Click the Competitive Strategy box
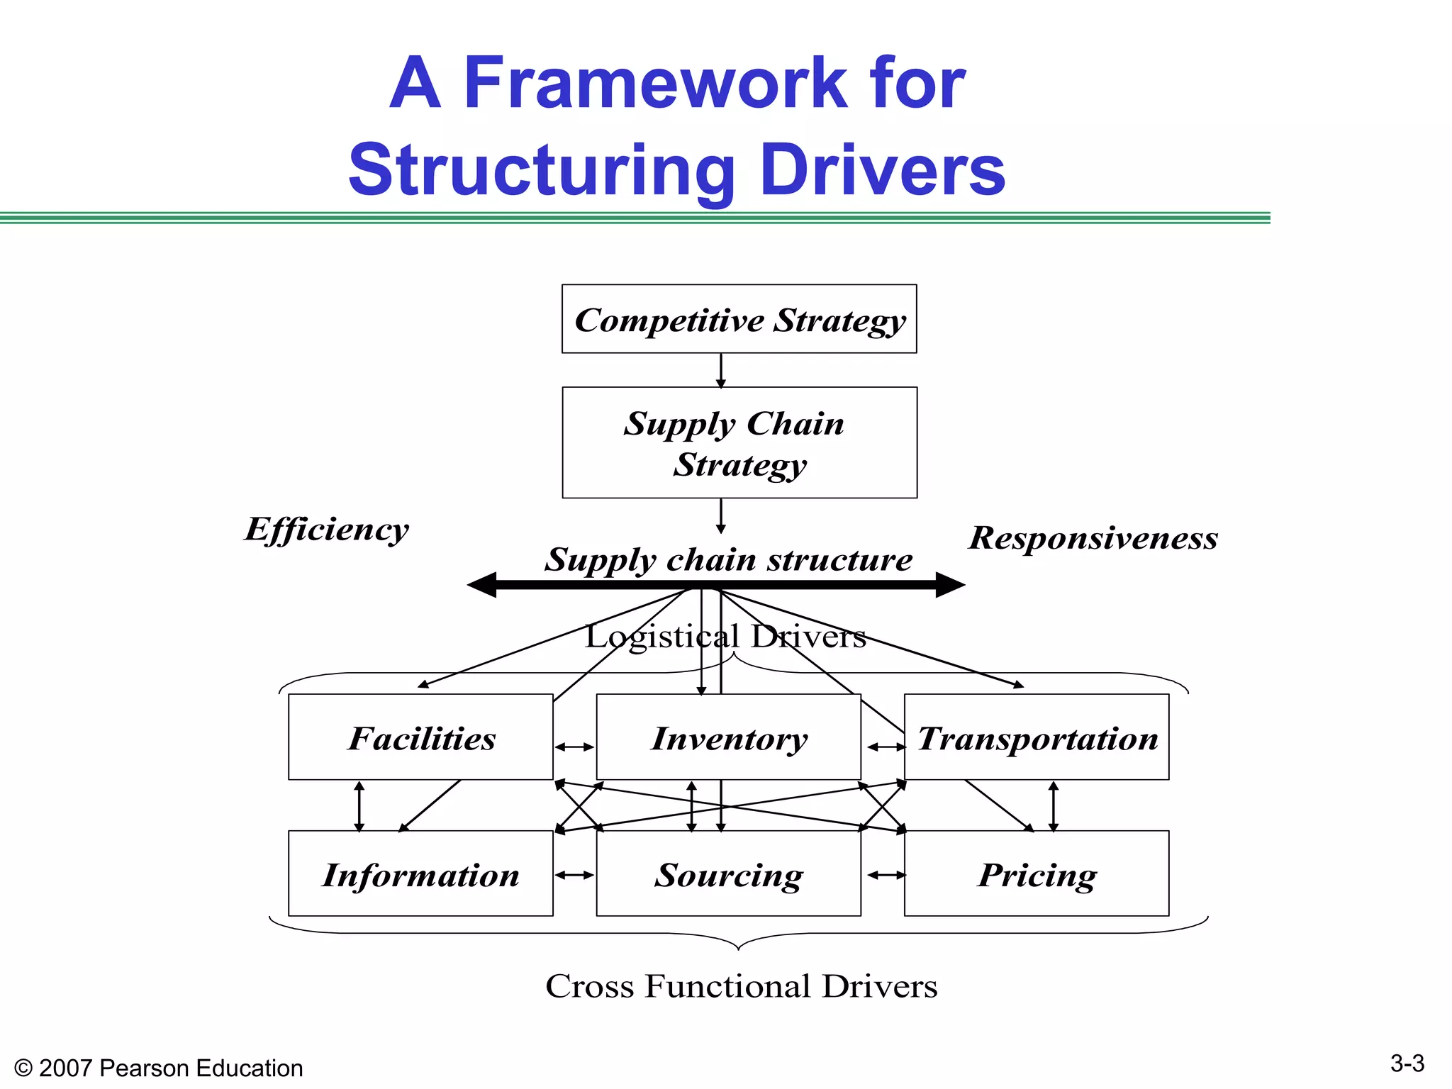739,319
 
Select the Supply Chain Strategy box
739,442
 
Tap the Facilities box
420,737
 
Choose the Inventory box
728,737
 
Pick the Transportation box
1037,737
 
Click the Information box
420,874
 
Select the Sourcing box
728,874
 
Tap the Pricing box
1037,874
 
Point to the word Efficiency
327,530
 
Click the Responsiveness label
1093,538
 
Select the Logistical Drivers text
725,637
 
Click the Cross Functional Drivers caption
741,986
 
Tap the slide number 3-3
1407,1063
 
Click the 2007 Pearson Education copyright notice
159,1068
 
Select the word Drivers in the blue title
882,170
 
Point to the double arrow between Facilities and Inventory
574,747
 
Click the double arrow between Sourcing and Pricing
886,875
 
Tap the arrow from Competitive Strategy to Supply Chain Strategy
721,370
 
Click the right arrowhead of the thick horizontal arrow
950,585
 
